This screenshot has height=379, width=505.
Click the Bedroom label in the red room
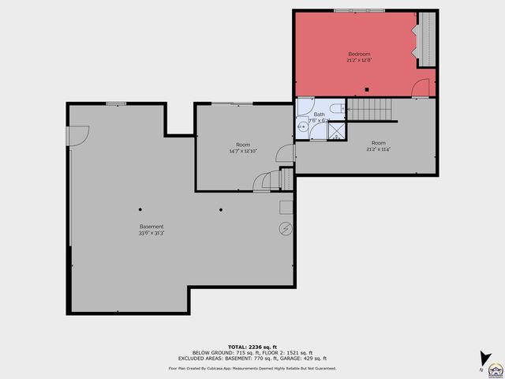pyautogui.click(x=359, y=54)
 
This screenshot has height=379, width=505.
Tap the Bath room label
pyautogui.click(x=319, y=114)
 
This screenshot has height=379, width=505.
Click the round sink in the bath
pyautogui.click(x=301, y=125)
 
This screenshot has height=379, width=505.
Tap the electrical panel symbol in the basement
pyautogui.click(x=284, y=229)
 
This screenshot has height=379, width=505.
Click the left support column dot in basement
pyautogui.click(x=140, y=209)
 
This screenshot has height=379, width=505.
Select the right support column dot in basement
pyautogui.click(x=221, y=209)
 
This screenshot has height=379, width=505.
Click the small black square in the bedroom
pyautogui.click(x=367, y=88)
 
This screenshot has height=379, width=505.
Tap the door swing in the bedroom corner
pyautogui.click(x=425, y=88)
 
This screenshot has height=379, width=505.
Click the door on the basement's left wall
pyautogui.click(x=77, y=137)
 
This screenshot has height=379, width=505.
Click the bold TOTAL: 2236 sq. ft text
pyautogui.click(x=252, y=347)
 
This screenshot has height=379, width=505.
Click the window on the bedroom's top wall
pyautogui.click(x=354, y=10)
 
